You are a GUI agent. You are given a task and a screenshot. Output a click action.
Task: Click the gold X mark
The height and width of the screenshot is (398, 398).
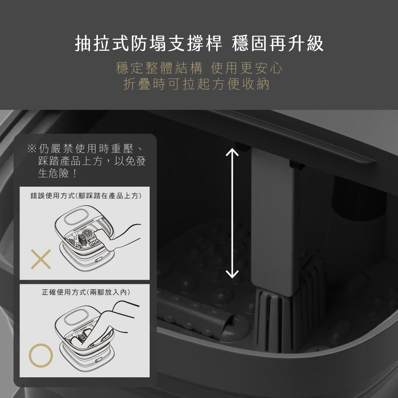(41, 259)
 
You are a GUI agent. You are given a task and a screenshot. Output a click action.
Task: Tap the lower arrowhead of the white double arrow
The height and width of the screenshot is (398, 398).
(232, 275)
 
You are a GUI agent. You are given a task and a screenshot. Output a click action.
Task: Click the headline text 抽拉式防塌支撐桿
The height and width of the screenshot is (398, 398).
(148, 43)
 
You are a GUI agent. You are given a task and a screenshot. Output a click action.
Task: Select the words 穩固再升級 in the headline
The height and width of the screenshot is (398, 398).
(278, 43)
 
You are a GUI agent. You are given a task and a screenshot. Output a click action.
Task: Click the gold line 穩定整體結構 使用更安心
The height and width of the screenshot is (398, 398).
(199, 68)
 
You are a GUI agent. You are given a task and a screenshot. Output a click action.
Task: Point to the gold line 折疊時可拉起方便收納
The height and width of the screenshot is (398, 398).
(196, 84)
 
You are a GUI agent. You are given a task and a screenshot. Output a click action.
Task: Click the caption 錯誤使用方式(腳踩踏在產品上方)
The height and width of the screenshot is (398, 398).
(86, 196)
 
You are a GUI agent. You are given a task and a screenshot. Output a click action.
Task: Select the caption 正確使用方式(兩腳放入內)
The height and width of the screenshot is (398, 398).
(86, 292)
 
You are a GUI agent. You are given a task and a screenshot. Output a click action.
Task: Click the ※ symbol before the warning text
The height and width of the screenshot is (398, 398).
(32, 148)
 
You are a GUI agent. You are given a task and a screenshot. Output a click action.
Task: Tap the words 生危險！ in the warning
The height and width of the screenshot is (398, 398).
(57, 174)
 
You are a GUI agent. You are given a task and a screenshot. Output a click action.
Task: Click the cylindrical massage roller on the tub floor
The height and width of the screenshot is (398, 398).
(195, 315)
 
